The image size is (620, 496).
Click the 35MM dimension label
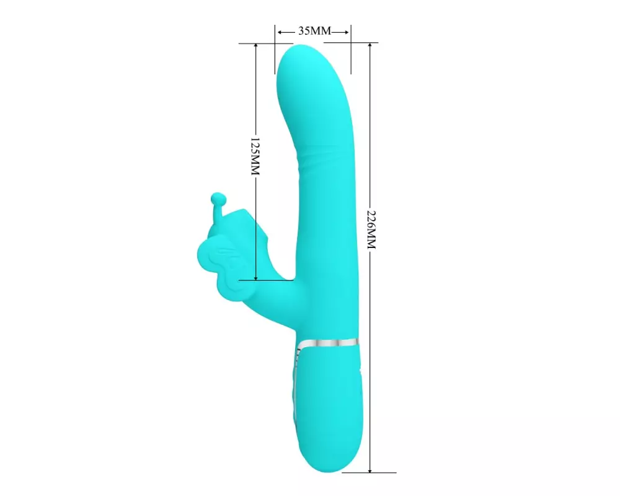314,31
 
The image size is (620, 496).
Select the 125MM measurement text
255,157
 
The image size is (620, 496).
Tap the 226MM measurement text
371,229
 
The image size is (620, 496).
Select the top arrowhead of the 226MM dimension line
370,46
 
